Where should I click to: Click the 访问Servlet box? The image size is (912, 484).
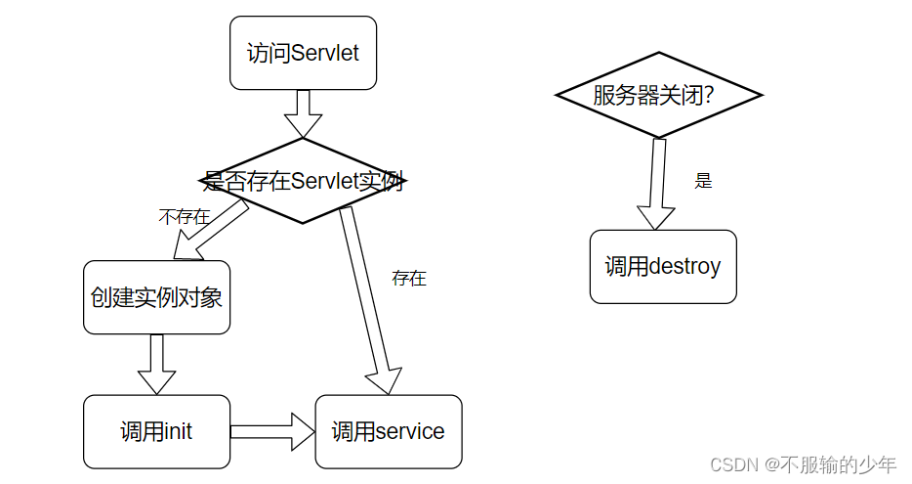tap(303, 53)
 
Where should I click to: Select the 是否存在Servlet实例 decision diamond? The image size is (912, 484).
tap(303, 181)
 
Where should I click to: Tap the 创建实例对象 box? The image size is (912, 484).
tap(156, 297)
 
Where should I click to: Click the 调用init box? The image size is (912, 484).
tap(156, 431)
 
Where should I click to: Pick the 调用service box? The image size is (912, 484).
tap(388, 431)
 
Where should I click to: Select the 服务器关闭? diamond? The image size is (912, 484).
tap(658, 95)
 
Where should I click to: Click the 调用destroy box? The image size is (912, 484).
tap(663, 267)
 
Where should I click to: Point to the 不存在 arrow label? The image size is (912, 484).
tap(184, 217)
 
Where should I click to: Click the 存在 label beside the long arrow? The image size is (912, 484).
tap(409, 279)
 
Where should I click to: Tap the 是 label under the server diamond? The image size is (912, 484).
tap(703, 181)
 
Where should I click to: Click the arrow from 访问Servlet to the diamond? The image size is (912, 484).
tap(303, 113)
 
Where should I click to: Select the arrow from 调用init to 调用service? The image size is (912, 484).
tap(271, 431)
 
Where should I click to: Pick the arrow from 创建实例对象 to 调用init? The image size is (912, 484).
tap(156, 364)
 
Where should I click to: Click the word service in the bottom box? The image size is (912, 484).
tap(409, 431)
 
